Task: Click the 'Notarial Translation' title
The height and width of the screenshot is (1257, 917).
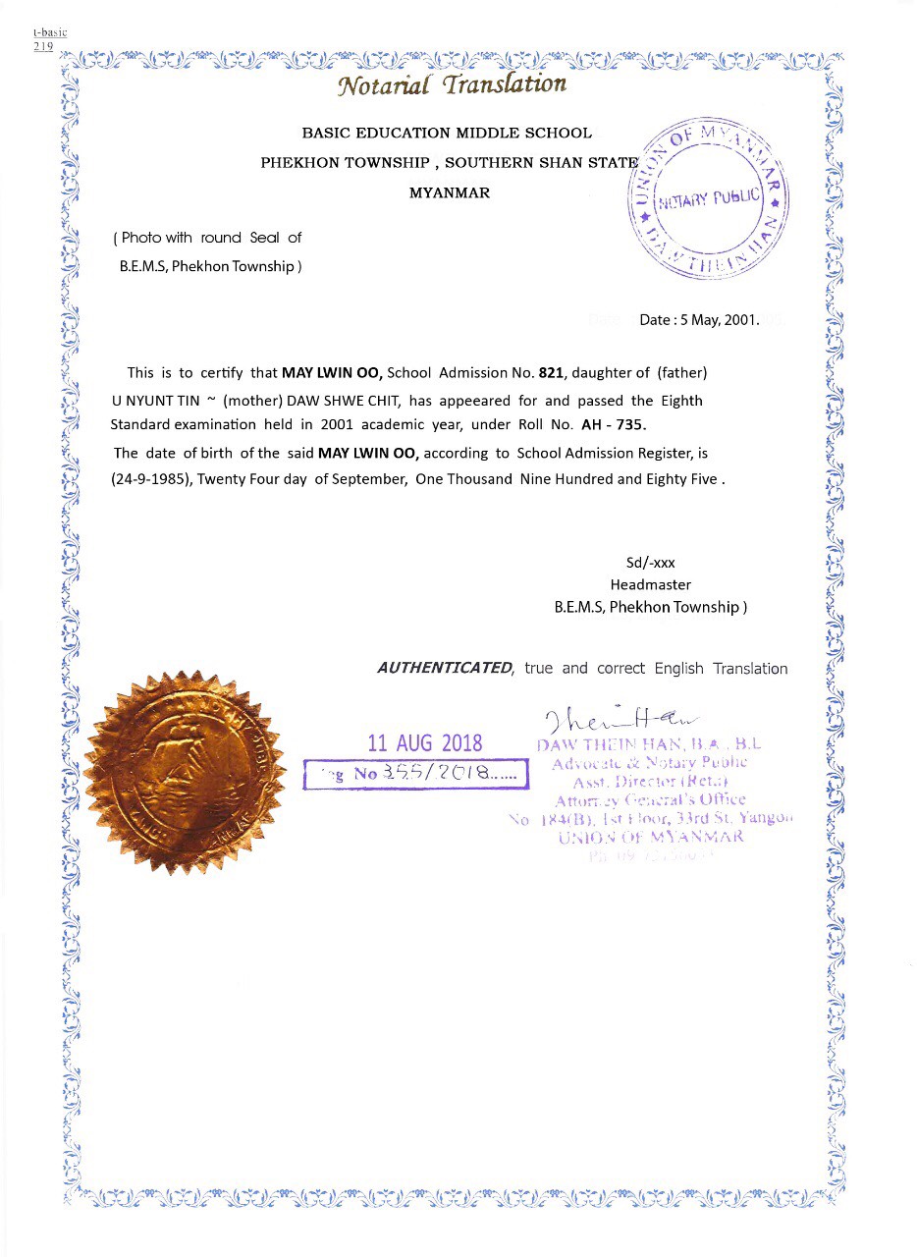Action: (x=452, y=85)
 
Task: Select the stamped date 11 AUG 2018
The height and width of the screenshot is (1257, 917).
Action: (x=424, y=742)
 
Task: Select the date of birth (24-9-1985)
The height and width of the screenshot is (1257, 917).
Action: (x=152, y=479)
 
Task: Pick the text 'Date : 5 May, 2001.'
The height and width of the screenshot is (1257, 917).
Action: (x=699, y=320)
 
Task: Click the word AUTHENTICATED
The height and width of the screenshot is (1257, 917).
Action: (x=445, y=668)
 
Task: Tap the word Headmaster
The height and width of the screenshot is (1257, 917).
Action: (x=650, y=584)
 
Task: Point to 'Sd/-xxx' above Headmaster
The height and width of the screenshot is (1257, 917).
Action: (x=650, y=563)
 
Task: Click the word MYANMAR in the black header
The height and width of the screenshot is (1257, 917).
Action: (x=449, y=192)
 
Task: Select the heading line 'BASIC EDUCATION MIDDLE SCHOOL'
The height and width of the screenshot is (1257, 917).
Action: (x=447, y=133)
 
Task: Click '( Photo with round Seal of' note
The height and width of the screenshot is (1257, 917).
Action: (x=208, y=238)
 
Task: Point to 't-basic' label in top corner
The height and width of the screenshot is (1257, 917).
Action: (x=49, y=32)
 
